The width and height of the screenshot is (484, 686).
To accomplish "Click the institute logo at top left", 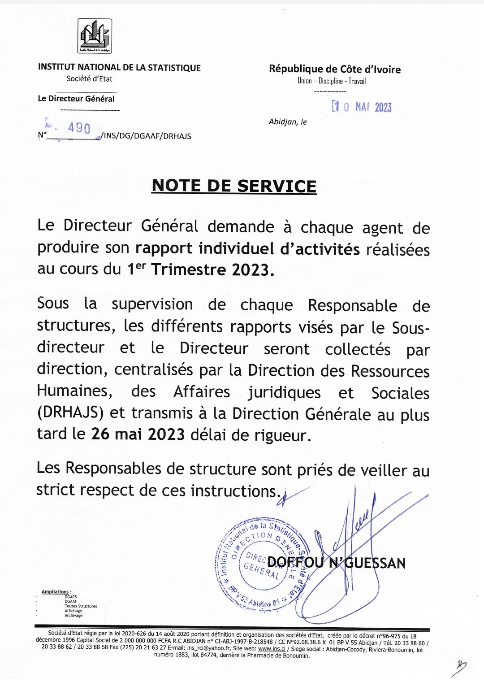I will pyautogui.click(x=95, y=36).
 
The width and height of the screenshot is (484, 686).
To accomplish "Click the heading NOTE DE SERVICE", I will pyautogui.click(x=234, y=186).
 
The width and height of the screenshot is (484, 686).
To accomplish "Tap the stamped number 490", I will pyautogui.click(x=79, y=129).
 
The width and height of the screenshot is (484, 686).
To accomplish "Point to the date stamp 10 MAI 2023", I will pyautogui.click(x=362, y=107).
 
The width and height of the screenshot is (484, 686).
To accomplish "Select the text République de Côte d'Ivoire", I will pyautogui.click(x=335, y=69).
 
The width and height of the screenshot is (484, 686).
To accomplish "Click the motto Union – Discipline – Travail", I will pyautogui.click(x=332, y=81).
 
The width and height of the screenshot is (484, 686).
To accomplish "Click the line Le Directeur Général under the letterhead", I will pyautogui.click(x=76, y=99).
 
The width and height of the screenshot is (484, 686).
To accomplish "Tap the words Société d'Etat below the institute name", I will pyautogui.click(x=90, y=79).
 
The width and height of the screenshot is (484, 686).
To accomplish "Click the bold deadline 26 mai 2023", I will pyautogui.click(x=138, y=434).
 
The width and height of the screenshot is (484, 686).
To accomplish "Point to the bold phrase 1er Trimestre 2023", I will pyautogui.click(x=200, y=269).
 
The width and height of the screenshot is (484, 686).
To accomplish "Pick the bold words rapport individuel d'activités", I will pyautogui.click(x=247, y=248).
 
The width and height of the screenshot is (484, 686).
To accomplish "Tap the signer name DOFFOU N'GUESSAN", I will pyautogui.click(x=337, y=563).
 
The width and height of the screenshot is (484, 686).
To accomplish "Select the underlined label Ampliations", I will pyautogui.click(x=56, y=592).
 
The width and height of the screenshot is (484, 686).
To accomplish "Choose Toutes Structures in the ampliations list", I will pyautogui.click(x=81, y=606).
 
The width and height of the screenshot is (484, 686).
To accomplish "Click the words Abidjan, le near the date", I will pyautogui.click(x=288, y=122).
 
